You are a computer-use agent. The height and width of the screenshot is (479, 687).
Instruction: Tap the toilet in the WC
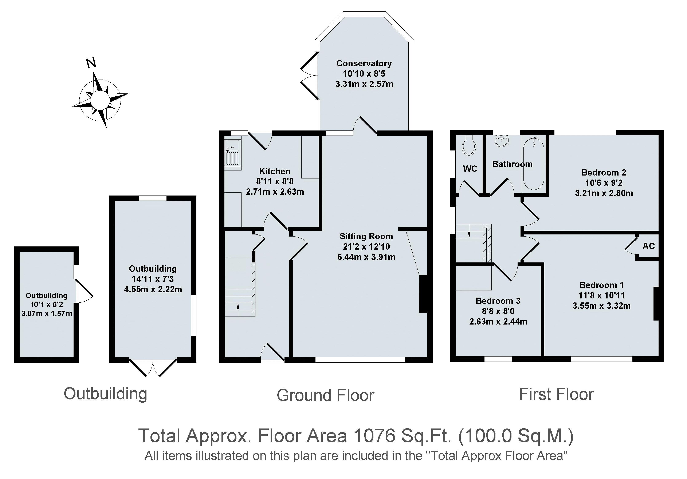click(469, 145)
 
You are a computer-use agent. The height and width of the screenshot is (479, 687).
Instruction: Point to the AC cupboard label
click(649, 246)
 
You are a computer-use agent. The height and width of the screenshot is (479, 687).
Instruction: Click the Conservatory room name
click(364, 63)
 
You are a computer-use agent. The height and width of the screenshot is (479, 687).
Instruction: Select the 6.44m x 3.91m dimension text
click(366, 257)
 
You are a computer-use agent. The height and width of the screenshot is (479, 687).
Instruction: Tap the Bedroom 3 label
click(498, 301)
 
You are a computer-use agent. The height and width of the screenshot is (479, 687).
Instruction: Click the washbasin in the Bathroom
click(502, 141)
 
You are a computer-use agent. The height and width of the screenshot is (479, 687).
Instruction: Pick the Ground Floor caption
click(326, 395)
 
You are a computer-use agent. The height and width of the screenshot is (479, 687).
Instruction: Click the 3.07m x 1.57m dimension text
click(47, 313)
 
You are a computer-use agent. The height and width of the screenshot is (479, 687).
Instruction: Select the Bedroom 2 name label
click(604, 172)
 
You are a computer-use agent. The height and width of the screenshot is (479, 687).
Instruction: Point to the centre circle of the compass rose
click(100, 100)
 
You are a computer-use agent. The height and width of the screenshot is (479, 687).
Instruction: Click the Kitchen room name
click(275, 171)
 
